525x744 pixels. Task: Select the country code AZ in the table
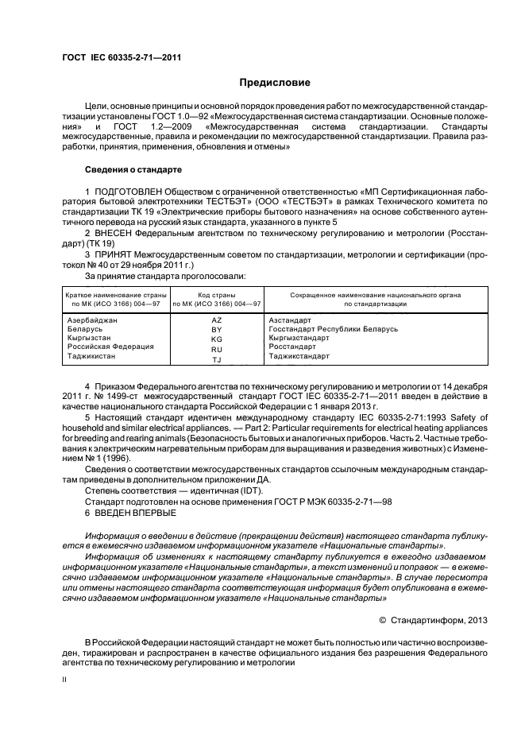(217, 320)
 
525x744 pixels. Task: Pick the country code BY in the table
(217, 329)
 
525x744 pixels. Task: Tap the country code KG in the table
(217, 338)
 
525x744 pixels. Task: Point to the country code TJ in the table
(217, 359)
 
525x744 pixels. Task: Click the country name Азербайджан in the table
(93, 320)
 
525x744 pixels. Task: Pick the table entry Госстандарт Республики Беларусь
(334, 329)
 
